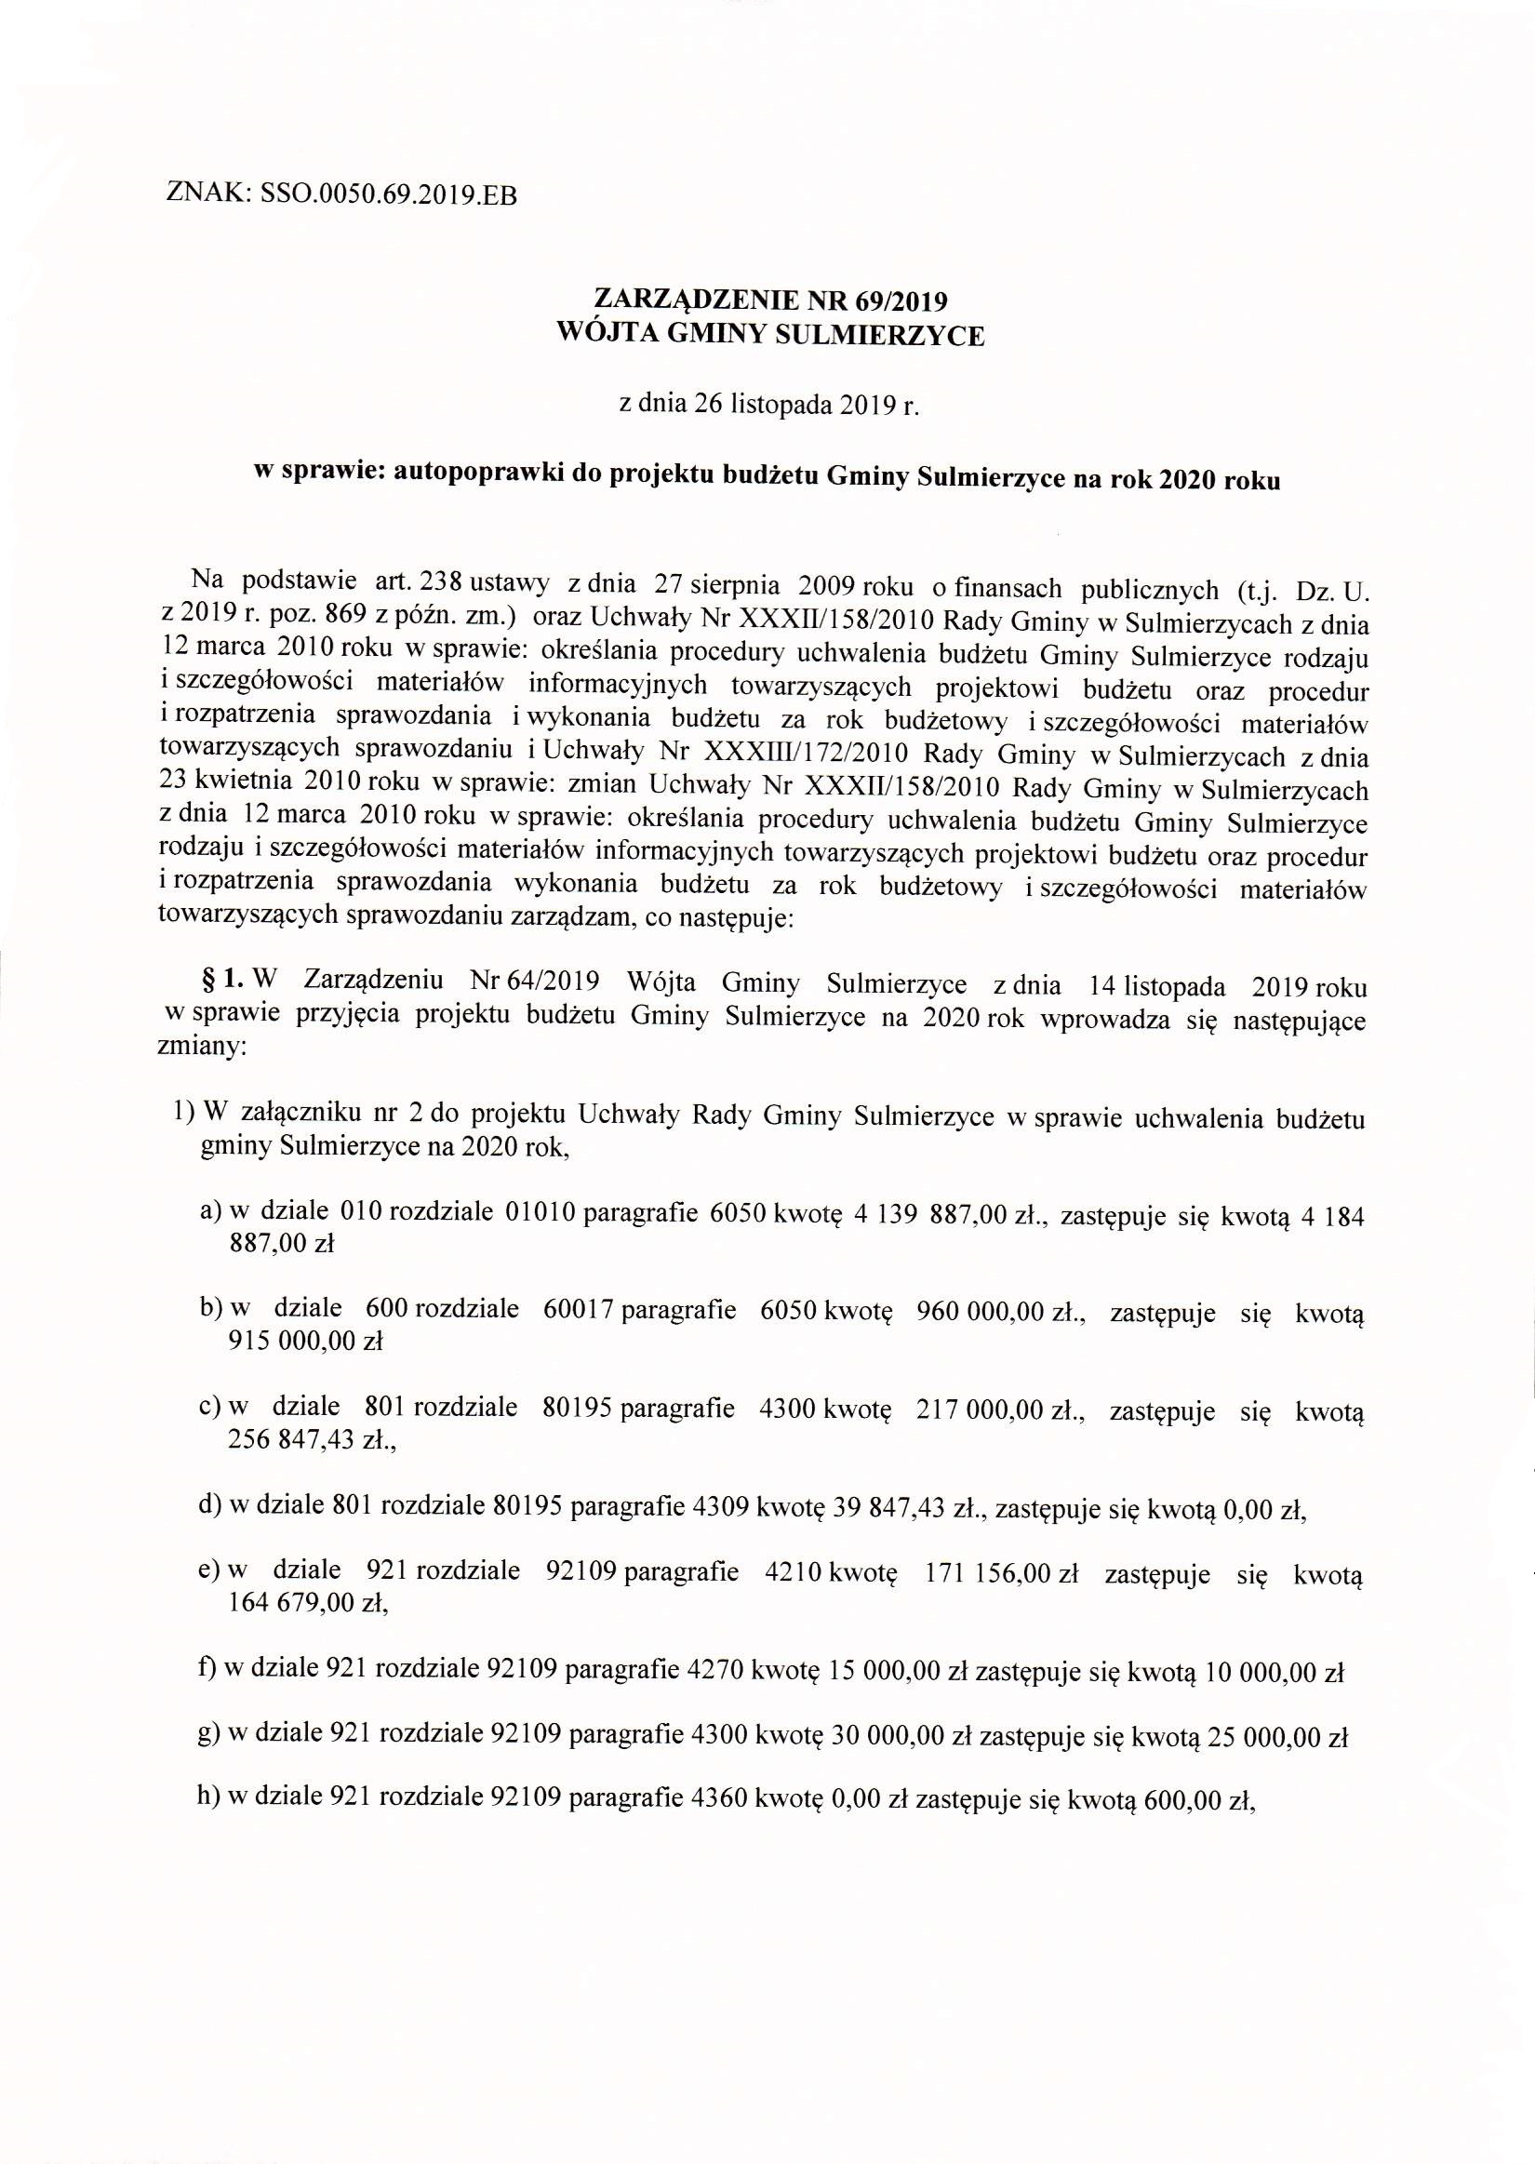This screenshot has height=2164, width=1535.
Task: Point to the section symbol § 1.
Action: [223, 981]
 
